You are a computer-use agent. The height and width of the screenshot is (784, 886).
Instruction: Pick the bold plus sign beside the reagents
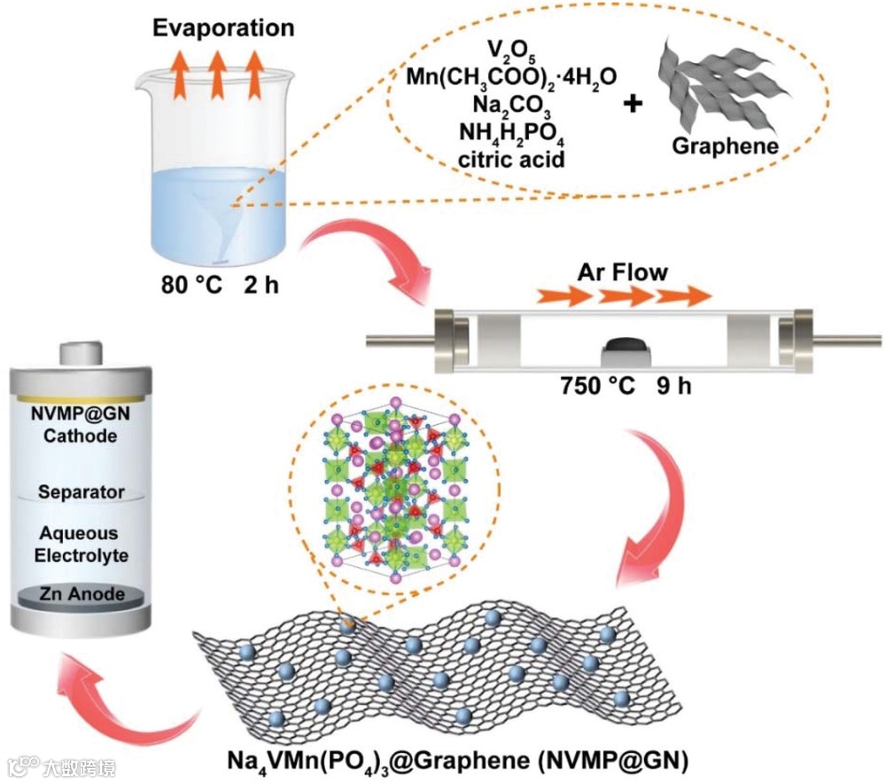[x=633, y=104]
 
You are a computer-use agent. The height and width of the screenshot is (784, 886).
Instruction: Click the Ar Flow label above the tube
[x=624, y=272]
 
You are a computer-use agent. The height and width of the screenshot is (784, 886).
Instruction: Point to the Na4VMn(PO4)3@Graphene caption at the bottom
[x=457, y=761]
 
